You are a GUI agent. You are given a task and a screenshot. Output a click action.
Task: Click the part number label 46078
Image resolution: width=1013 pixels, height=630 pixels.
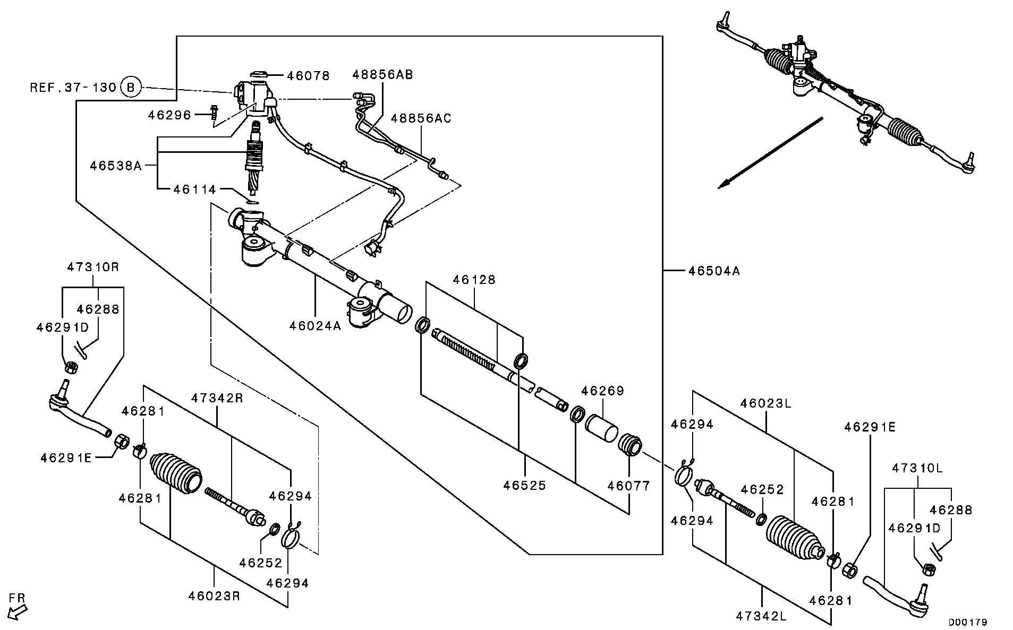(308, 76)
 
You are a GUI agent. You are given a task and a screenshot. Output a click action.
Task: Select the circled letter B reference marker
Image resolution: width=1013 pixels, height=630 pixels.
(131, 87)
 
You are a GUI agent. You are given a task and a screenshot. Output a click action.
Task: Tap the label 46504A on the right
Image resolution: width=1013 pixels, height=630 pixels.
(714, 271)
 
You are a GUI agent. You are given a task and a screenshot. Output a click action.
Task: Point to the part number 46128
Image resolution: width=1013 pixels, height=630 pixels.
(474, 280)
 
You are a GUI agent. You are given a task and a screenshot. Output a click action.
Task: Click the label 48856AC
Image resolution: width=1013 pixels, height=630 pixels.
(421, 118)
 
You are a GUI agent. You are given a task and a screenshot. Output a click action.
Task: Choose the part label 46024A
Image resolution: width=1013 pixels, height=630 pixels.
(315, 325)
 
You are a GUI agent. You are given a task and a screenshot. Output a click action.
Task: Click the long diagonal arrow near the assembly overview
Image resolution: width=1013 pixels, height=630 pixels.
(770, 153)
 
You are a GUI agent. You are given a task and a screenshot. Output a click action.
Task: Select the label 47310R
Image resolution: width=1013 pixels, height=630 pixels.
(93, 267)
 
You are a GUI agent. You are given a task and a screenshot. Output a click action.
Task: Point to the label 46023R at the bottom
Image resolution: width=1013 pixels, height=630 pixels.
(214, 596)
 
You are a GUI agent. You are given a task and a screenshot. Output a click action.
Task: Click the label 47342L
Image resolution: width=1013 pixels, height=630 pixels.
(761, 616)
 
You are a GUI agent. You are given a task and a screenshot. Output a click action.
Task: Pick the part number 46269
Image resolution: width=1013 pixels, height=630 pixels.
(602, 391)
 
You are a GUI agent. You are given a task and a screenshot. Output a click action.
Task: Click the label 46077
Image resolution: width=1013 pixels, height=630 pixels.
(628, 486)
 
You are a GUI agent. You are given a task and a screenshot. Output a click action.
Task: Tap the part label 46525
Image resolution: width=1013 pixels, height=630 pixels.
(524, 486)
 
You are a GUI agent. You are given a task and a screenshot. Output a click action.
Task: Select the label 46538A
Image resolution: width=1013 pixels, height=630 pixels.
(116, 166)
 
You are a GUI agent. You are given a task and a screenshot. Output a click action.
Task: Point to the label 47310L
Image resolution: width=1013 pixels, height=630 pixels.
(917, 469)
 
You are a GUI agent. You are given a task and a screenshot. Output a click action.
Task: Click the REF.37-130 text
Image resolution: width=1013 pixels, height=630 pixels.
(73, 87)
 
